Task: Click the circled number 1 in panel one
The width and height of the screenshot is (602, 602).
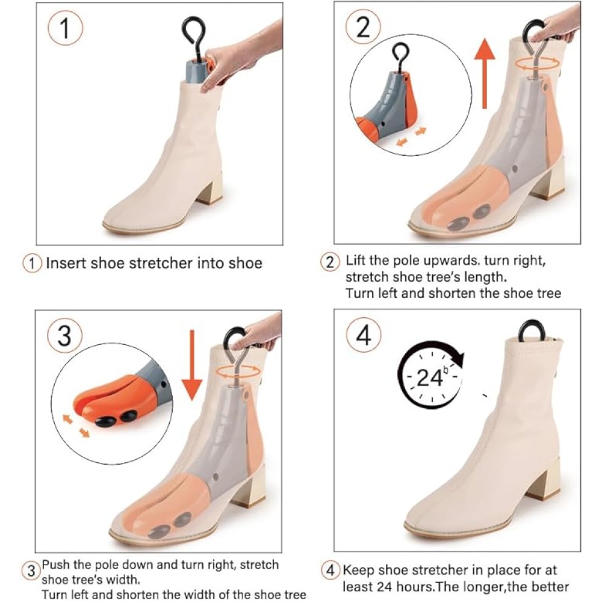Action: tap(65, 28)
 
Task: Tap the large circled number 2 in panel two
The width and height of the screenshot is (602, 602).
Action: tap(363, 27)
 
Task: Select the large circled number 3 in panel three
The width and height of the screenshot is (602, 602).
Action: tap(64, 335)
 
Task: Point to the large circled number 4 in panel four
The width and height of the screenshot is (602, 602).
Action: tap(364, 335)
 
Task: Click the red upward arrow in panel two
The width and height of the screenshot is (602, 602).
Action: tap(485, 73)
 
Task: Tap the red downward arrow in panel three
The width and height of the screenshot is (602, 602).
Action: tap(192, 365)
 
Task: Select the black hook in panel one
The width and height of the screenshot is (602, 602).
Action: tap(193, 39)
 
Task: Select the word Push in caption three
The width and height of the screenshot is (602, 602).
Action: tap(56, 565)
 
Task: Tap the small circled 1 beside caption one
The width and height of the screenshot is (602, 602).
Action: tap(33, 264)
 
